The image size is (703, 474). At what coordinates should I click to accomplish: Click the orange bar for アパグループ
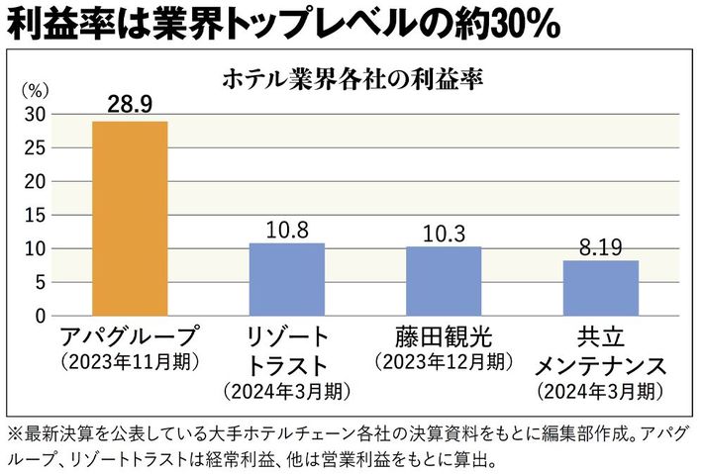130,218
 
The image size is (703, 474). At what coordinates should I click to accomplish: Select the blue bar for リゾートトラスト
286,279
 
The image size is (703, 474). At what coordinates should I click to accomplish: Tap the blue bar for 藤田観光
444,281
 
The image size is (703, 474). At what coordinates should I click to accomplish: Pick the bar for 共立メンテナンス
601,288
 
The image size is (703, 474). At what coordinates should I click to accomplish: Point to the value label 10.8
286,228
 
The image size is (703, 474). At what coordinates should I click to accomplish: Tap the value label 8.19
601,244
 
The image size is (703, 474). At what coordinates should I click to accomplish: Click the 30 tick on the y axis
35,115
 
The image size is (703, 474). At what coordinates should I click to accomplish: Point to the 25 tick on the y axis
35,148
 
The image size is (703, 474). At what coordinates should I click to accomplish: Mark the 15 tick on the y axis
35,216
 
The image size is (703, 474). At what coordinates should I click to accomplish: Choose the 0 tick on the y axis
41,317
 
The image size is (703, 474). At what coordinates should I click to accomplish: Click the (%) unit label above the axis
34,89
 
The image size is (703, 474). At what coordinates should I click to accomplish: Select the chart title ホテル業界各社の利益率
353,77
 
